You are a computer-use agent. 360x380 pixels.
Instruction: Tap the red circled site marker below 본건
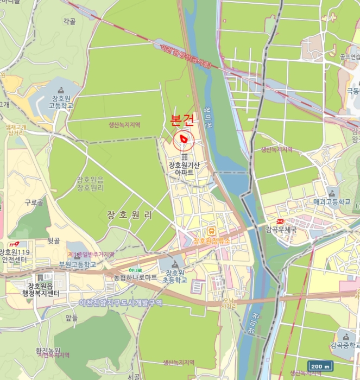(184, 140)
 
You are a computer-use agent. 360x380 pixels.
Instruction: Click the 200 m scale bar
(320, 366)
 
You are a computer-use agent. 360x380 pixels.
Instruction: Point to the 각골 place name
(69, 21)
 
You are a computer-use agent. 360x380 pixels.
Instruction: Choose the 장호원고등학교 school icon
(61, 90)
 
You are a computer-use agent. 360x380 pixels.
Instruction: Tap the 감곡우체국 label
(281, 230)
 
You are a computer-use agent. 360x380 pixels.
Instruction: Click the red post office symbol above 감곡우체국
(281, 221)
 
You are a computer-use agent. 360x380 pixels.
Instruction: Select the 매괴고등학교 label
(332, 201)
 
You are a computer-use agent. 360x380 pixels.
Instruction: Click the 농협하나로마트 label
(135, 277)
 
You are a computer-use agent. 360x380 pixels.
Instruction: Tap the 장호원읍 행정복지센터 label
(44, 290)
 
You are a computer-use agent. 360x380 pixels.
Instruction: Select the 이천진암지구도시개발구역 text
(121, 302)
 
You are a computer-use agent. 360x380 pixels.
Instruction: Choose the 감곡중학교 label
(345, 345)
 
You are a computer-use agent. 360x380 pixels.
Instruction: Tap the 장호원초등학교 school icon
(176, 262)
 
